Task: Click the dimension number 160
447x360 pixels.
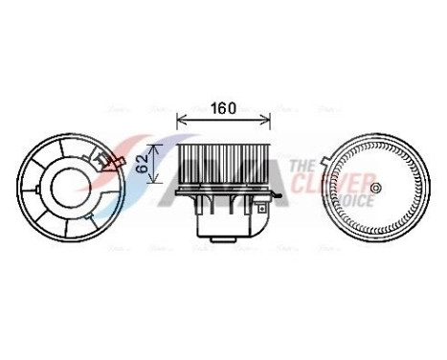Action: pyautogui.click(x=223, y=107)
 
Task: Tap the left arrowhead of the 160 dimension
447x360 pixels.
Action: pyautogui.click(x=181, y=121)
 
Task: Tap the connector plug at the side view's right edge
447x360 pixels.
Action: pyautogui.click(x=279, y=198)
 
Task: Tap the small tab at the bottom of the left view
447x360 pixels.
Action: pyautogui.click(x=77, y=237)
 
